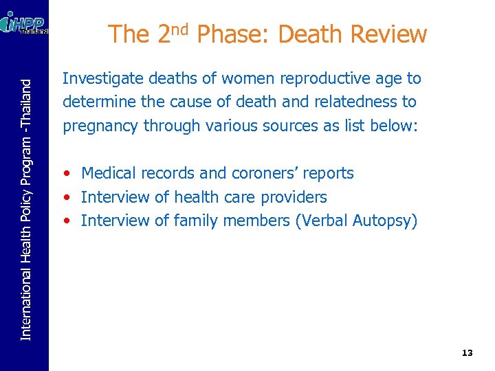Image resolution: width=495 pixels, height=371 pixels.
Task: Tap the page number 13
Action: pyautogui.click(x=467, y=352)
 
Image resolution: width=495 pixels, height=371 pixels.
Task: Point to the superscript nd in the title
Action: pyautogui.click(x=180, y=28)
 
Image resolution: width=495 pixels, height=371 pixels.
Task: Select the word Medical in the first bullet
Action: pyautogui.click(x=107, y=173)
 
